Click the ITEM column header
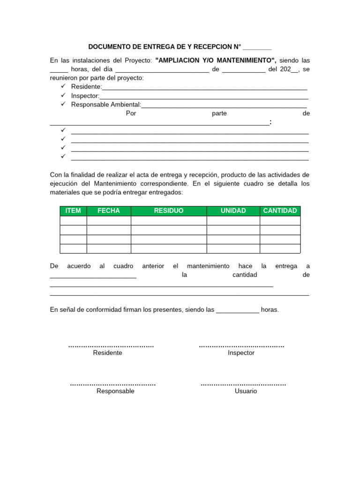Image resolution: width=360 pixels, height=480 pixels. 73,211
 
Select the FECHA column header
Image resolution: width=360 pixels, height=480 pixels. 109,211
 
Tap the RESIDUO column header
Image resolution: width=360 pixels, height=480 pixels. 169,211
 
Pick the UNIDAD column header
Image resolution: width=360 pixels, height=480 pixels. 233,211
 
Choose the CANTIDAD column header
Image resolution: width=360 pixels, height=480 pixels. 280,211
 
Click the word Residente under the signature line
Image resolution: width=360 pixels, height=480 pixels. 108,353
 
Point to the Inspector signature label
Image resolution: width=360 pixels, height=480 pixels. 241,353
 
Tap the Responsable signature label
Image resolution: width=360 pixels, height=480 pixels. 115,391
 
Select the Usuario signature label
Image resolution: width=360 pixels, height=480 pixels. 246,391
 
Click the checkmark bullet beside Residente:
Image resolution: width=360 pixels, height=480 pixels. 63,87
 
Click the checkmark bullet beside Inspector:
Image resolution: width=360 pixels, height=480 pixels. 63,96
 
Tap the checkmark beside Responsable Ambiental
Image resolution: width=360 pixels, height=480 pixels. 63,105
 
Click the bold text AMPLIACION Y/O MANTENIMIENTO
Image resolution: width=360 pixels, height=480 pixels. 215,60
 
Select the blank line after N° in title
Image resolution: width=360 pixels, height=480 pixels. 257,47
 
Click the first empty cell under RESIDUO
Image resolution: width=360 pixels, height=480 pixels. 169,221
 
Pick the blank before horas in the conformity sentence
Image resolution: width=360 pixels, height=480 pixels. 237,310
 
